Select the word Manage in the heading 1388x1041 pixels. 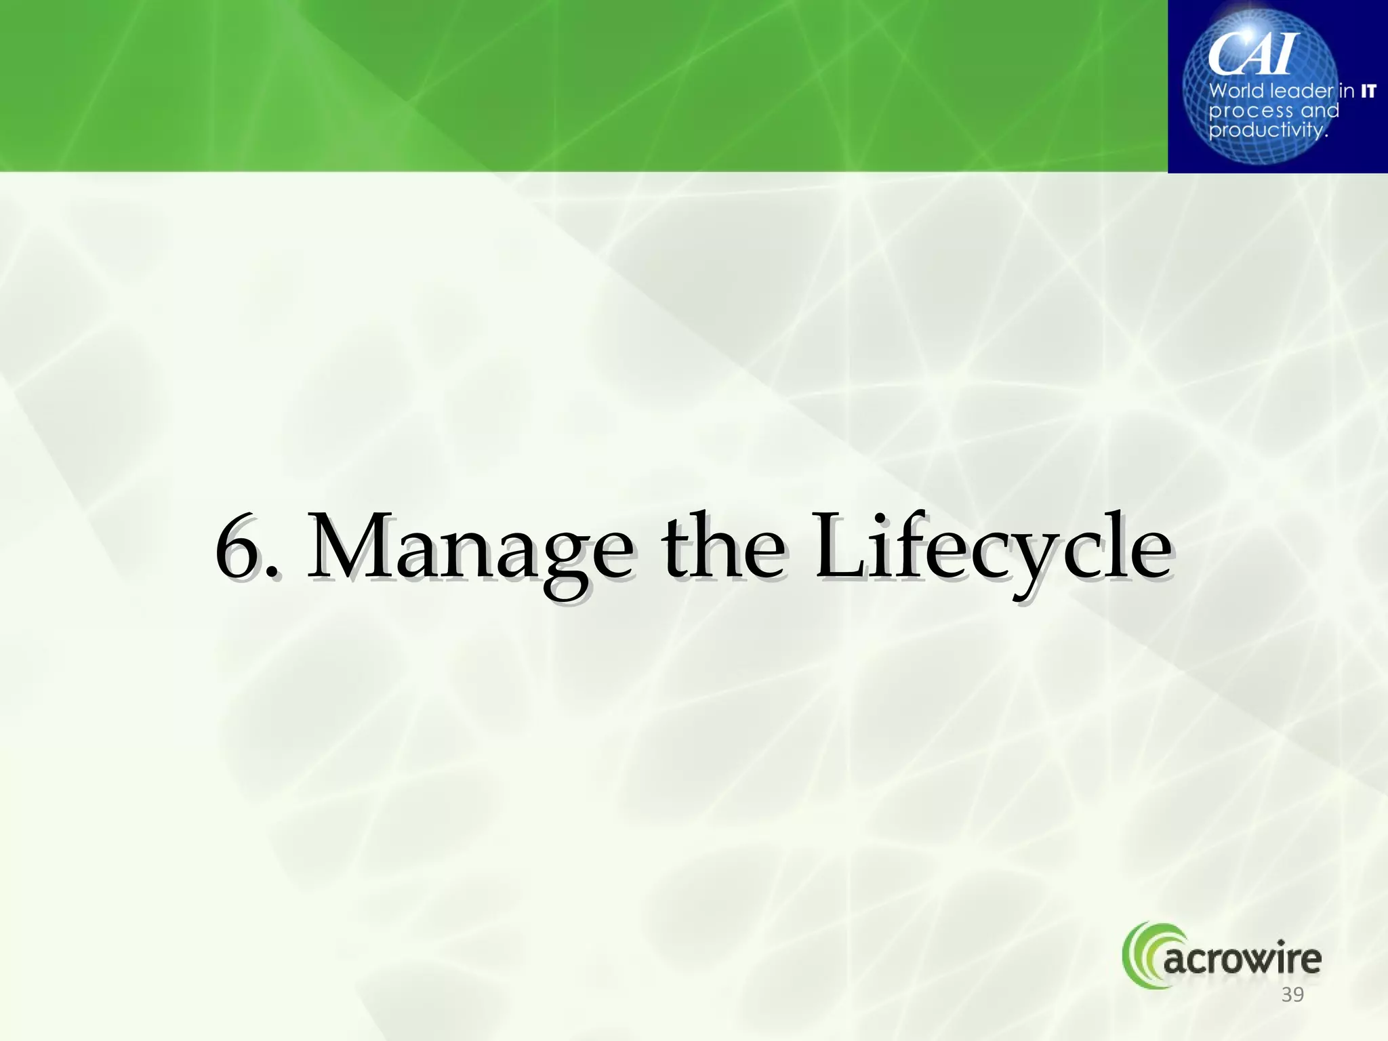pyautogui.click(x=470, y=549)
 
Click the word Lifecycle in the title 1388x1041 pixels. pyautogui.click(x=993, y=549)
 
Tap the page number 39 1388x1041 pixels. pyautogui.click(x=1292, y=995)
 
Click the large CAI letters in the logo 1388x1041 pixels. pyautogui.click(x=1252, y=54)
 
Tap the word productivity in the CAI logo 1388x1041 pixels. pyautogui.click(x=1267, y=129)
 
